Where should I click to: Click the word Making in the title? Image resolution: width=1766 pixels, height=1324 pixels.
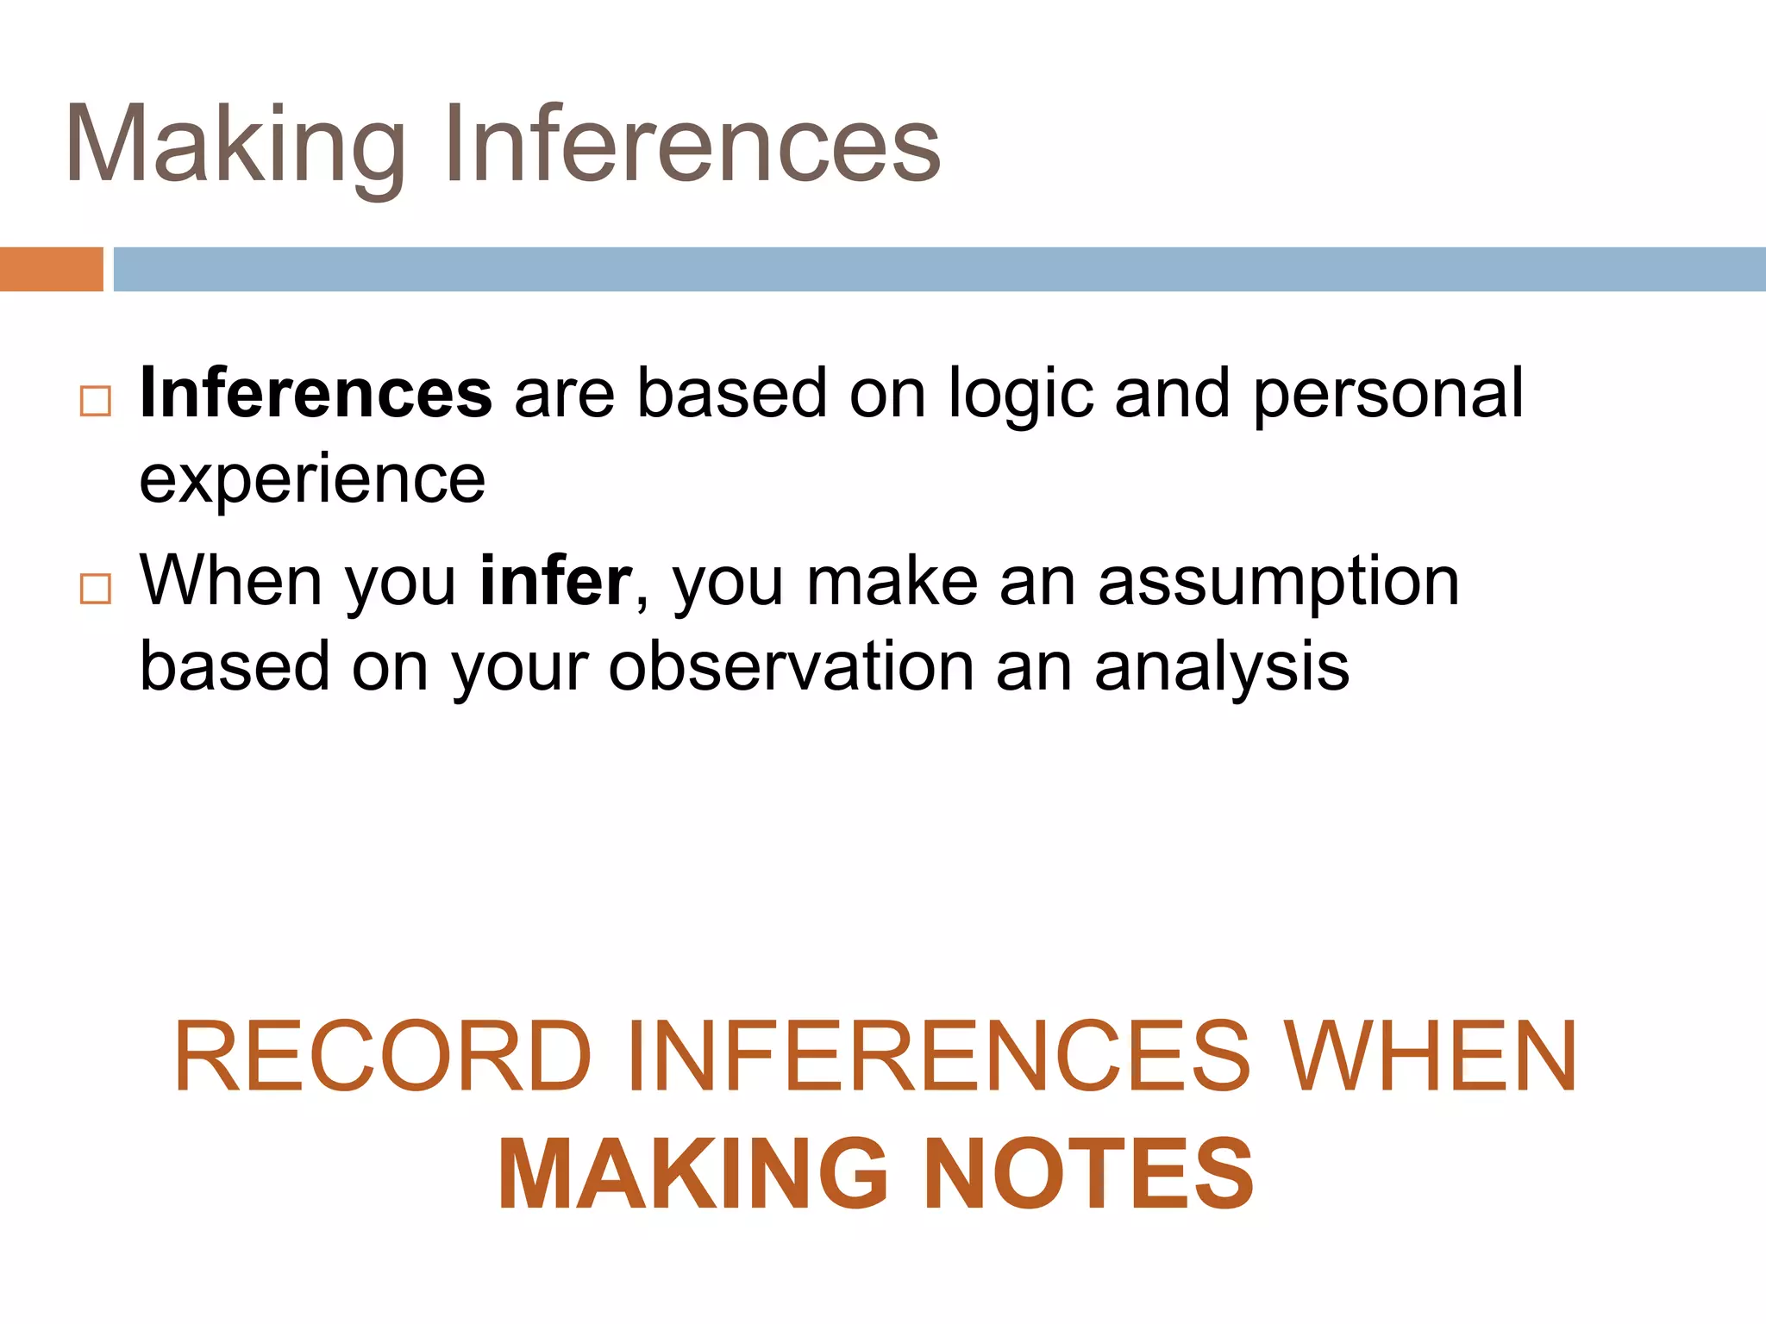click(x=235, y=145)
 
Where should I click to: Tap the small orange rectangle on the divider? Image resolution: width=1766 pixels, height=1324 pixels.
click(x=51, y=269)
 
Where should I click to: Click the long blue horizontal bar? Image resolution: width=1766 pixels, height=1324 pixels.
click(x=939, y=269)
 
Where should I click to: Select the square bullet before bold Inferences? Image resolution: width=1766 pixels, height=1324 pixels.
click(x=95, y=401)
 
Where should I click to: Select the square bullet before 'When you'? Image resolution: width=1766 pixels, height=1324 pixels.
click(x=95, y=589)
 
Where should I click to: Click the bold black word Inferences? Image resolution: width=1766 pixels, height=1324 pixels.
click(x=316, y=393)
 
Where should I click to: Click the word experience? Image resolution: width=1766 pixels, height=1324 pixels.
click(x=312, y=481)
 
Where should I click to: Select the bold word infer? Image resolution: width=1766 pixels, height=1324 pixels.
click(x=556, y=582)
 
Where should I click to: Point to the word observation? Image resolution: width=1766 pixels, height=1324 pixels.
click(x=791, y=666)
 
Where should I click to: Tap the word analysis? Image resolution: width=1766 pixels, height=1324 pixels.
click(x=1221, y=668)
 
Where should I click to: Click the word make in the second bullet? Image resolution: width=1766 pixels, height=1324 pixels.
click(x=892, y=582)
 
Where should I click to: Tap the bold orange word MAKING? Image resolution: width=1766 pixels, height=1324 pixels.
click(x=693, y=1174)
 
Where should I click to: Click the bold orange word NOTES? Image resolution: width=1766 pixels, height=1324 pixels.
click(x=1088, y=1174)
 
